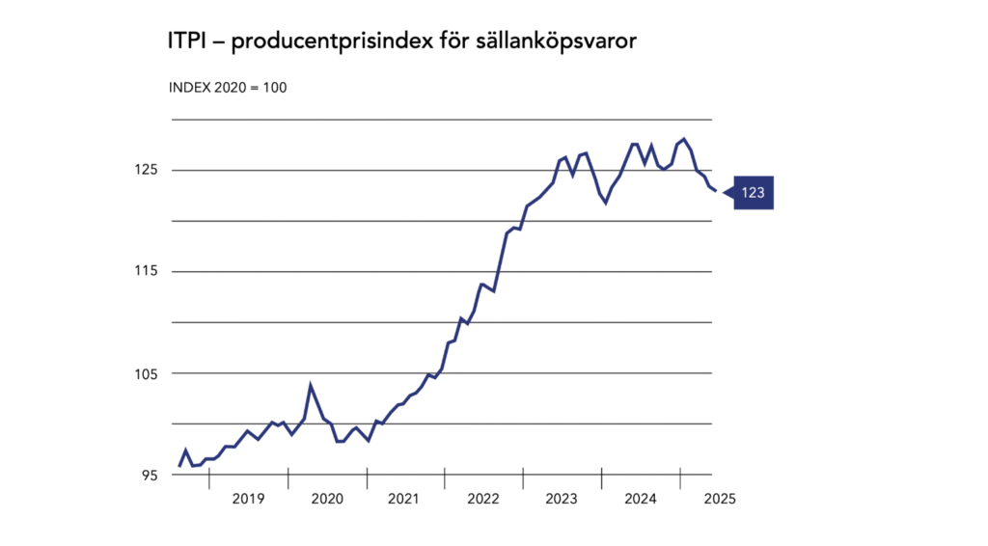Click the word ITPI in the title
[x=187, y=42]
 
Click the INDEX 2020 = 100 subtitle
[x=228, y=87]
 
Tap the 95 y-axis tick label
[x=151, y=476]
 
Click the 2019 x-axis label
[x=248, y=499]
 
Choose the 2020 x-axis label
[x=327, y=499]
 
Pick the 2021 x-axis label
[x=404, y=499]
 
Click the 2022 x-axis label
[x=483, y=499]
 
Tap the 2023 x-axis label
[x=562, y=499]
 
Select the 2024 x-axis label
[x=640, y=499]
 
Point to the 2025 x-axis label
[x=720, y=499]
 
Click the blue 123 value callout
[x=753, y=193]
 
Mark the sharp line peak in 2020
[x=311, y=385]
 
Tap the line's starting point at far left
[x=179, y=466]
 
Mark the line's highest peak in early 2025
[x=684, y=140]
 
